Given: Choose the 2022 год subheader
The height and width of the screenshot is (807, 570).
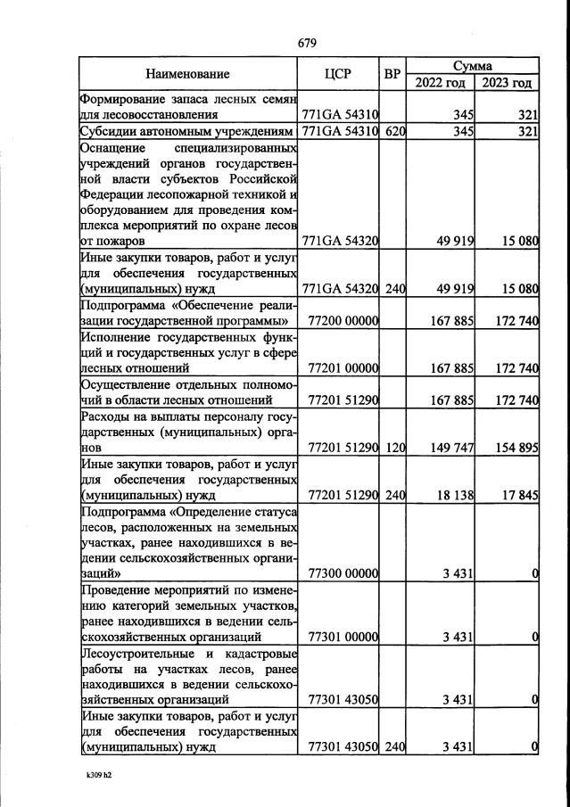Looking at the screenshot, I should point(441,83).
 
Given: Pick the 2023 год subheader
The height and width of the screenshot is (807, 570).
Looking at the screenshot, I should point(507,83).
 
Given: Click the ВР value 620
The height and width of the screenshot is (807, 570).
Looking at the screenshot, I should point(395,132).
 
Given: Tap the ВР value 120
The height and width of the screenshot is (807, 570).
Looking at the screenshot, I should point(395,446).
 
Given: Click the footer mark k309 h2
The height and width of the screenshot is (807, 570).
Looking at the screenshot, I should point(100,775).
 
